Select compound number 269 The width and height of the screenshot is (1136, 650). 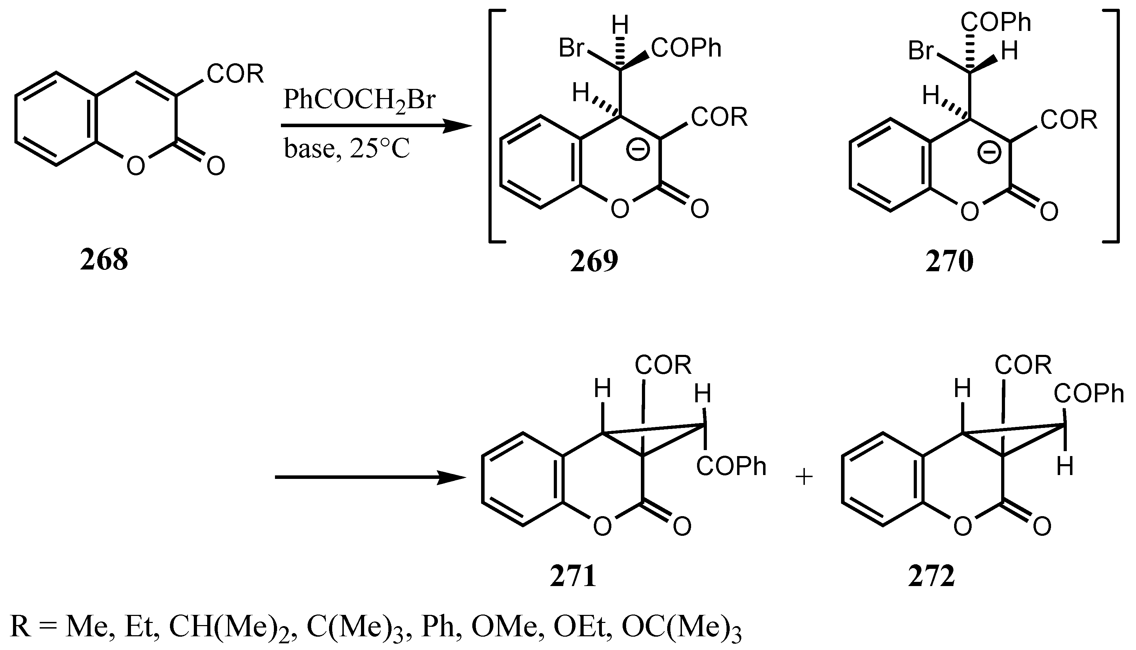(594, 261)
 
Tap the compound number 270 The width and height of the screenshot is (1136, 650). (949, 262)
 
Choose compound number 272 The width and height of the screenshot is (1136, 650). (932, 576)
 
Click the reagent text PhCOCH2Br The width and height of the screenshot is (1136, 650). (359, 101)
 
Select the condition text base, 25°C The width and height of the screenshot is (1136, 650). (347, 149)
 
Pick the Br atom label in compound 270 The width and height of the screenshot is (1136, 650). (921, 51)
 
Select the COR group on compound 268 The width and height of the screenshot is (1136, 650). (235, 74)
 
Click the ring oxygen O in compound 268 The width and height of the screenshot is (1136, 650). (135, 167)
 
